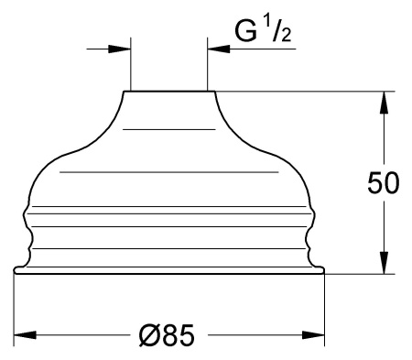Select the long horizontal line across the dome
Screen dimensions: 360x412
pyautogui.click(x=168, y=171)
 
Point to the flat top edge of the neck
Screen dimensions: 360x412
pyautogui.click(x=168, y=91)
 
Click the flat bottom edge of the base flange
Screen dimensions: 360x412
pyautogui.click(x=168, y=274)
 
